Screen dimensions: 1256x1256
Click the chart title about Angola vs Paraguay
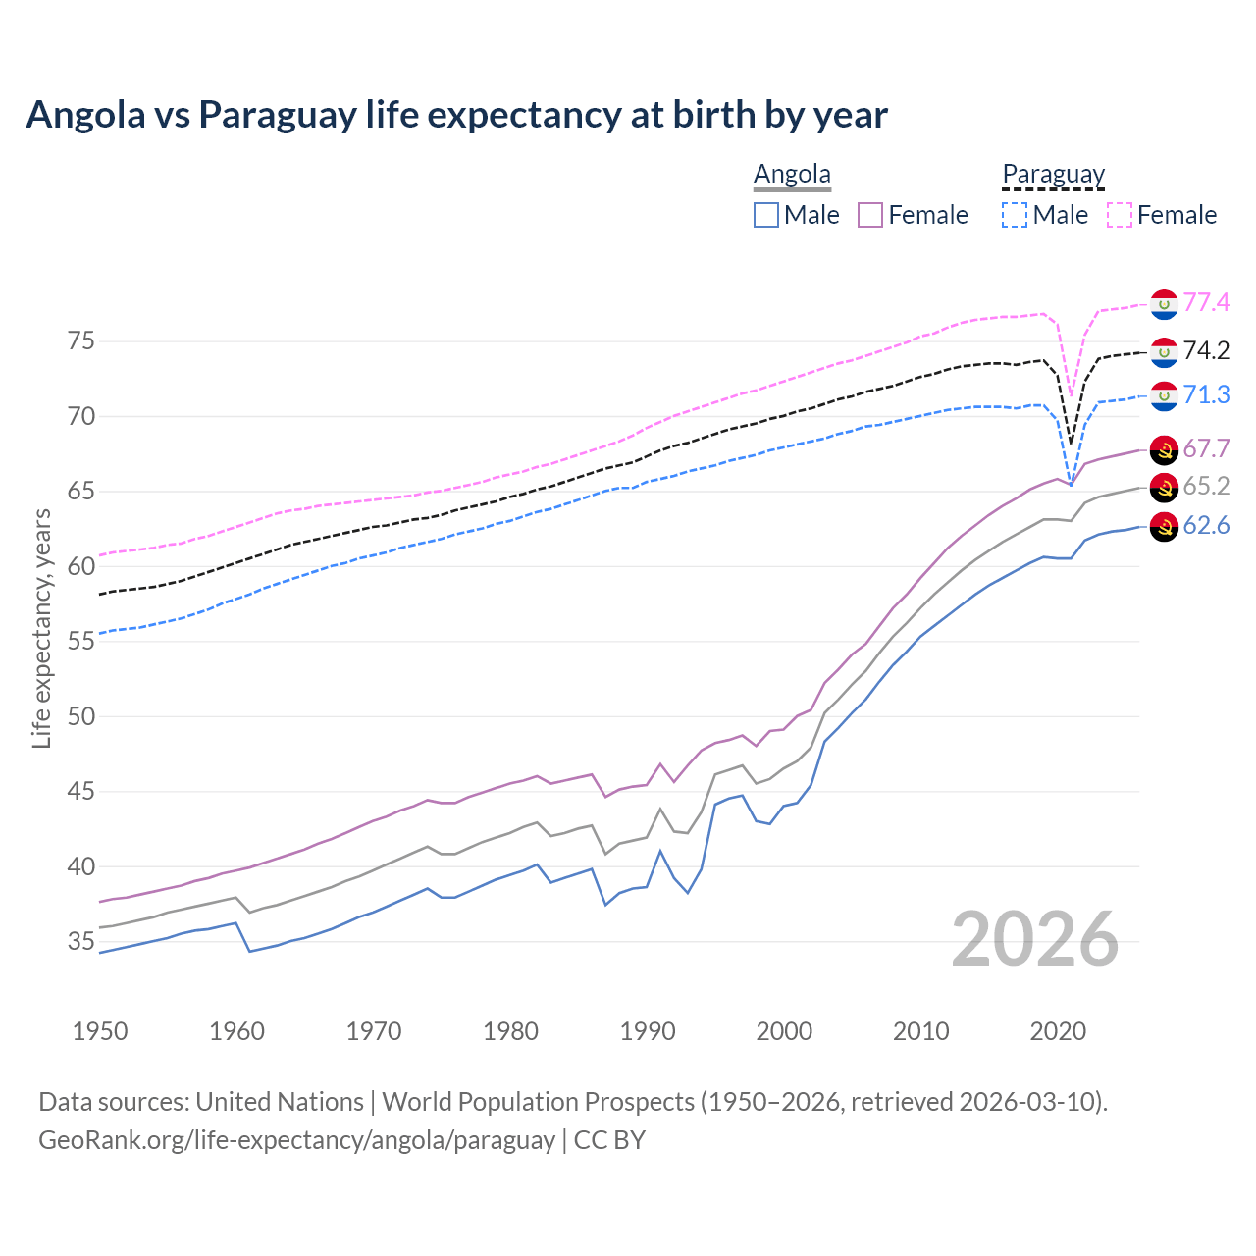(456, 115)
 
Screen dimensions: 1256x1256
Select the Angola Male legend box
(766, 215)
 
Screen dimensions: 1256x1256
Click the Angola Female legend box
(870, 215)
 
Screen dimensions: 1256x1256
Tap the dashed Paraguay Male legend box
(1015, 215)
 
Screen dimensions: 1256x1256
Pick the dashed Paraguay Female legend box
(1120, 215)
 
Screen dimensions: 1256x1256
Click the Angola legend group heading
(792, 174)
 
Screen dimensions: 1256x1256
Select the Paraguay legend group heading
(1053, 174)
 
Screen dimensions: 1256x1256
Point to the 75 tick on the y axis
(81, 341)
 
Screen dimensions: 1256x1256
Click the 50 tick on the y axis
(81, 716)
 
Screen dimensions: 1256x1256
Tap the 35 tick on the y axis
(81, 942)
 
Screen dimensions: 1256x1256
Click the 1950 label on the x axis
(100, 1031)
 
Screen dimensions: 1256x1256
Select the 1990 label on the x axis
(648, 1031)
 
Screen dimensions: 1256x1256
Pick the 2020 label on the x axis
(1058, 1031)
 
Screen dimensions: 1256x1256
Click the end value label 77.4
(1206, 303)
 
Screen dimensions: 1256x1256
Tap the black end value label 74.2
(1206, 351)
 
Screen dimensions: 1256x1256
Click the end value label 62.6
(1206, 526)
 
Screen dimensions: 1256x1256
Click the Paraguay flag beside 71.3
(1164, 395)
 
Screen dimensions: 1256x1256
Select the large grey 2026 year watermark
(1035, 939)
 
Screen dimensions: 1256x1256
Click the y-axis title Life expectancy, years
(42, 628)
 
